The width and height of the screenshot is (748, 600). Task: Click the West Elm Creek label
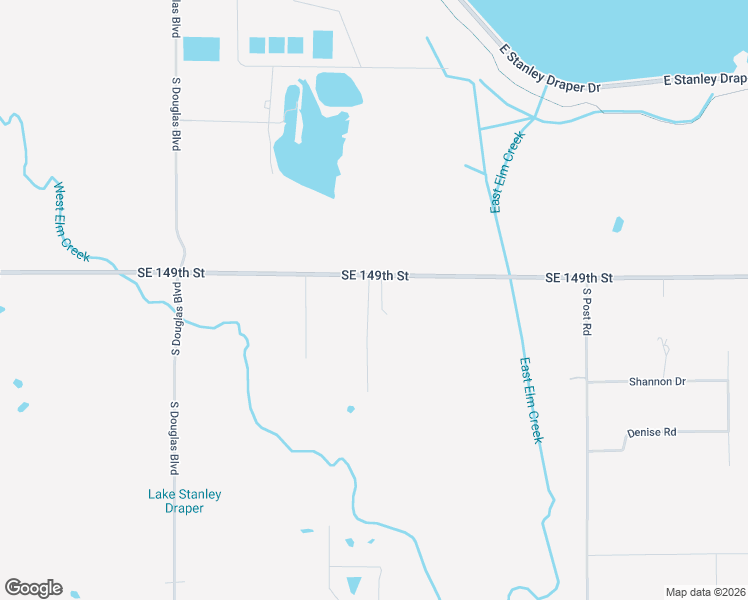(x=72, y=221)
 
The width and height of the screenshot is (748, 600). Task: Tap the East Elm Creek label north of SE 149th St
(x=507, y=171)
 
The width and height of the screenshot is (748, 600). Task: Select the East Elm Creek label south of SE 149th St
(x=531, y=400)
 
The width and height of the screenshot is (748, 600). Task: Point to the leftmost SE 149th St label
(x=171, y=273)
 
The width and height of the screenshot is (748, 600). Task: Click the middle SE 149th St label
(x=375, y=274)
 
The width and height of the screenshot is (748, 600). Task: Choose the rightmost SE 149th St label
(x=579, y=277)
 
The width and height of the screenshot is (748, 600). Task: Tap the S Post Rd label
(x=588, y=312)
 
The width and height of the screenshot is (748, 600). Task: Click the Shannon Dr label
(x=657, y=381)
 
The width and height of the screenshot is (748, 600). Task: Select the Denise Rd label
(x=652, y=432)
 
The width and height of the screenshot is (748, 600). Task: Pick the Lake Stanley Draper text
(x=184, y=501)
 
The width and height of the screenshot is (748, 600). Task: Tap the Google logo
(x=33, y=588)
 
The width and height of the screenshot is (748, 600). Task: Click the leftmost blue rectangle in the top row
(x=201, y=49)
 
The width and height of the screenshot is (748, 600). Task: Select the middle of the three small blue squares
(x=276, y=45)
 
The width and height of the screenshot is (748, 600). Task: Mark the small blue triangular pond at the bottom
(x=353, y=584)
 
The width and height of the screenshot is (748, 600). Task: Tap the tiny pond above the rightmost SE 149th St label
(x=618, y=224)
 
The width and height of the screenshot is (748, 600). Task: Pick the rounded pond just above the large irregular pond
(x=338, y=88)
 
